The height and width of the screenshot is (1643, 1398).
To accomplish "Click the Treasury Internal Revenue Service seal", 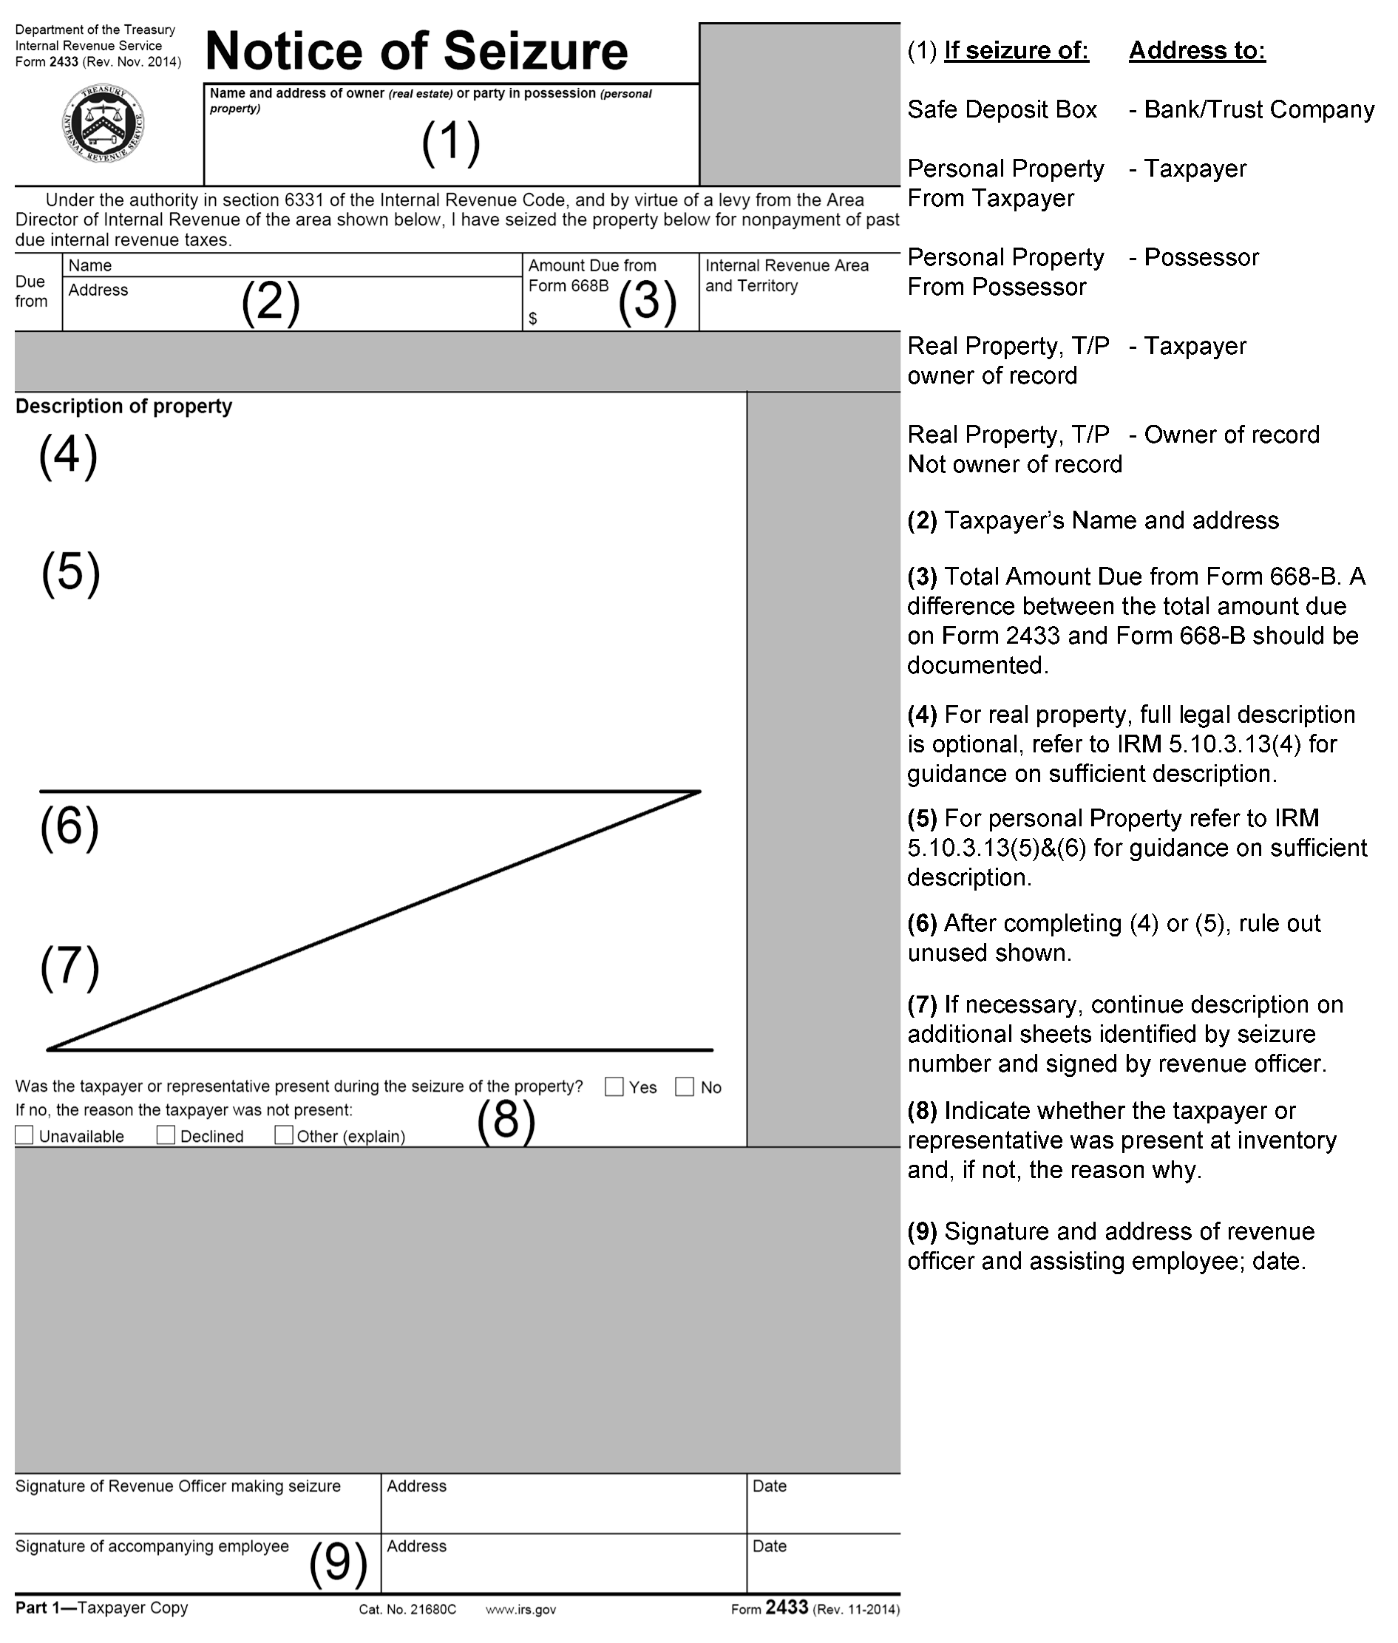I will pos(103,123).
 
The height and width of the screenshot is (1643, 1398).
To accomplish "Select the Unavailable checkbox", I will pos(24,1135).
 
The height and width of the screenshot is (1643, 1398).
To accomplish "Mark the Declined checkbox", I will pos(166,1135).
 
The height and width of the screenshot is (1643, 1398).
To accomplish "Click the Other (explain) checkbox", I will pos(283,1135).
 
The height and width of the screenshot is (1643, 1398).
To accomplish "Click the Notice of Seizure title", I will pos(416,52).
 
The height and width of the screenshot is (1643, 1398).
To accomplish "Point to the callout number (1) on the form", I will pos(451,143).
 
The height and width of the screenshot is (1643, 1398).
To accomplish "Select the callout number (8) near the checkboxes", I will pos(506,1120).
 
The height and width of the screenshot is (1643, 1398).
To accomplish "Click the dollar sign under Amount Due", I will pos(532,319).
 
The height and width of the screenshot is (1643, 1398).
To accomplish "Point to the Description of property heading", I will pos(123,407).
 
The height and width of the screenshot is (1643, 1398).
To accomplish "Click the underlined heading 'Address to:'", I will pos(1197,51).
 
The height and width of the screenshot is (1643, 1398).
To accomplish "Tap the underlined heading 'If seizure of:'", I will pos(1016,51).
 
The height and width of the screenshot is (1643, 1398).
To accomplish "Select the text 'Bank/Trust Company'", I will pos(1258,109).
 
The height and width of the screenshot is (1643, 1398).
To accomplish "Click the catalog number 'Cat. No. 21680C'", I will pos(407,1610).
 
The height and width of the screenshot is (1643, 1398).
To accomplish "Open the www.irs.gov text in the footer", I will pos(520,1610).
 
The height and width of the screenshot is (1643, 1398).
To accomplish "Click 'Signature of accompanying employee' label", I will pos(152,1546).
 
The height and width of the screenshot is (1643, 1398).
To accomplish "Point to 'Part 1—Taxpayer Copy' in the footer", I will pos(101,1608).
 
